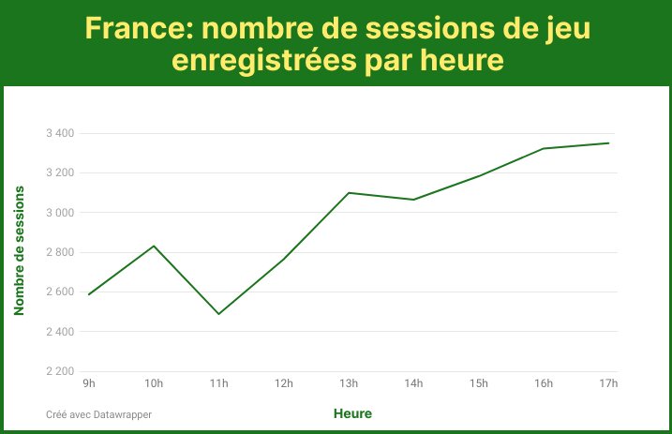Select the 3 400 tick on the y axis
coord(60,133)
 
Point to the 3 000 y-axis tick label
coord(60,213)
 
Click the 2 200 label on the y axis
coord(60,371)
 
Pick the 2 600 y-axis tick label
coord(60,292)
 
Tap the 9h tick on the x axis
coord(89,382)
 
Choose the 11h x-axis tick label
coord(218,382)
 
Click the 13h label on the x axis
coord(349,382)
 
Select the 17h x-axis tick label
coord(608,382)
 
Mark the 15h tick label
coord(479,382)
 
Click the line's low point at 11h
coord(218,314)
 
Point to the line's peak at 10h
coord(154,246)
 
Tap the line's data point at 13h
coord(349,192)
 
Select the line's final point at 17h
coord(609,142)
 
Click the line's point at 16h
coord(544,148)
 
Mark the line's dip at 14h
coord(413,200)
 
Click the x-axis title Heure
coord(352,413)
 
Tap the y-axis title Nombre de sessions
coord(19,249)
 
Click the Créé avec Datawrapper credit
coord(98,413)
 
